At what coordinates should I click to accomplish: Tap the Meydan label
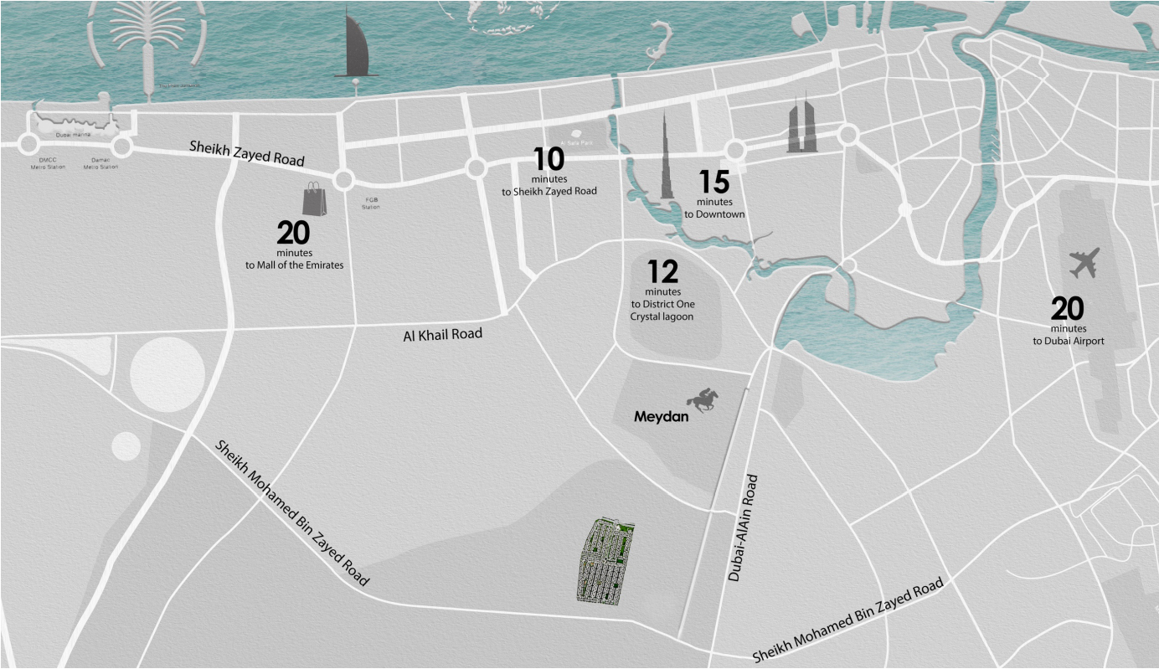[661, 416]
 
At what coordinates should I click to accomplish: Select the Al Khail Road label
[443, 334]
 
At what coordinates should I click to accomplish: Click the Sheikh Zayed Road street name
[246, 152]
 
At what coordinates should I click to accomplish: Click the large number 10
[549, 159]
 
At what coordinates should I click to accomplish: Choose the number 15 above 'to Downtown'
[713, 183]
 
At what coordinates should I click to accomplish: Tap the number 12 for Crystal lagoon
[662, 272]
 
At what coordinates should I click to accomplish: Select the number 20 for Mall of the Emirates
[293, 233]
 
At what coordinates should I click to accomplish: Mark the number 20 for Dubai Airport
[1067, 309]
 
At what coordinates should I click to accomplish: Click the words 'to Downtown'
[713, 214]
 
